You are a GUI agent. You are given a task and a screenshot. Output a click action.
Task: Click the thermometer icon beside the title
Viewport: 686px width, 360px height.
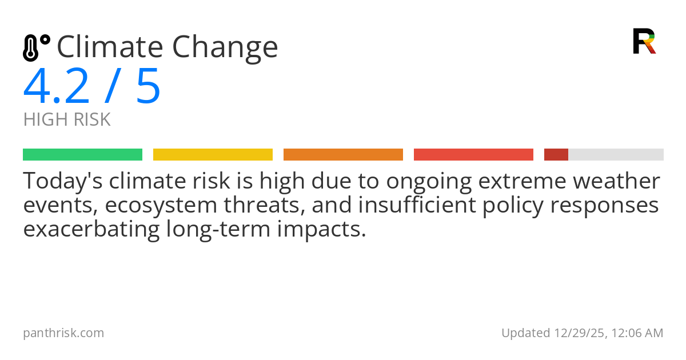click(x=35, y=47)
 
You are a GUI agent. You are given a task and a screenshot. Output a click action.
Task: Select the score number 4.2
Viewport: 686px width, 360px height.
click(x=57, y=87)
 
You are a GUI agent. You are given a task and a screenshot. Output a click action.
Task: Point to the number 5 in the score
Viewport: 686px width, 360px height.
click(x=148, y=87)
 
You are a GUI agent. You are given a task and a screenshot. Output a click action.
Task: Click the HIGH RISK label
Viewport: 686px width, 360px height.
click(x=67, y=120)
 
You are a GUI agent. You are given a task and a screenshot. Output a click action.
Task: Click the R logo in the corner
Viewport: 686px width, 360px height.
click(x=644, y=41)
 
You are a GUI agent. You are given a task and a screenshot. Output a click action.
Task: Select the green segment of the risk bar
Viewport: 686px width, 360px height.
click(x=82, y=155)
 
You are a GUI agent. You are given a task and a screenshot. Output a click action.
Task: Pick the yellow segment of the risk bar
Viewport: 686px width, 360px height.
click(x=213, y=155)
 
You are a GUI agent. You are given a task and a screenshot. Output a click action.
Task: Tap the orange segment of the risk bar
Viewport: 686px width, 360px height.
click(x=343, y=155)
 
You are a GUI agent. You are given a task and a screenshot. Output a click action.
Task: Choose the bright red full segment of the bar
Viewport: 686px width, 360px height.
click(x=473, y=155)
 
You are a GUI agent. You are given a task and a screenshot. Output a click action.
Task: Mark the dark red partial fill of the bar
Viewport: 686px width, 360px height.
click(x=556, y=155)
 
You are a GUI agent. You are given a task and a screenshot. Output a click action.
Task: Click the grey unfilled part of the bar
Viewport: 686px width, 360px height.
click(x=616, y=155)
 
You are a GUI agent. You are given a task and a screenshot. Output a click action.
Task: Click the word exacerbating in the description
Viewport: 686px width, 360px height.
click(x=91, y=229)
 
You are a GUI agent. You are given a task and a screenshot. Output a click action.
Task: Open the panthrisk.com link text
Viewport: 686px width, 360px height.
click(x=63, y=333)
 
